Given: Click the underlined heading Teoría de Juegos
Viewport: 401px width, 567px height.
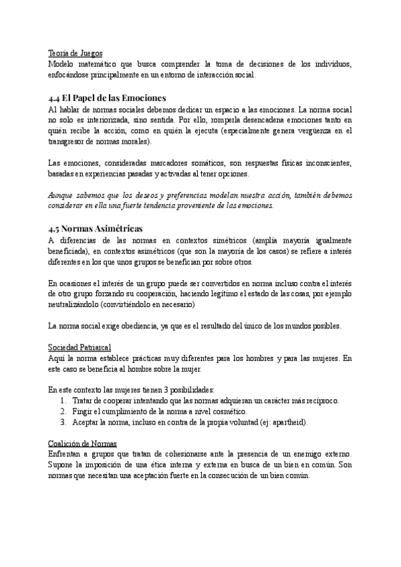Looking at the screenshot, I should point(76,53).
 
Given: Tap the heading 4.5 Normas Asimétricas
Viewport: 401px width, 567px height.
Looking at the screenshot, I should point(95,229).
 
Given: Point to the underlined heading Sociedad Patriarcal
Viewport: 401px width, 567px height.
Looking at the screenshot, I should point(80,348).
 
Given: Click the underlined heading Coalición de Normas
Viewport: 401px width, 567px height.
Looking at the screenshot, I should point(83,443).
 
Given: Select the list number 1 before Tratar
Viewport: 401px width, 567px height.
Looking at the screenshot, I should point(63,401).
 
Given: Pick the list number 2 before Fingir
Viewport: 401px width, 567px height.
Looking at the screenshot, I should point(63,411).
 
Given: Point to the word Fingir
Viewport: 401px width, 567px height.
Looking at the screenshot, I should point(84,411).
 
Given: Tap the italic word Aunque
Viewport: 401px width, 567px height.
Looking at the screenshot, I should point(63,196).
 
